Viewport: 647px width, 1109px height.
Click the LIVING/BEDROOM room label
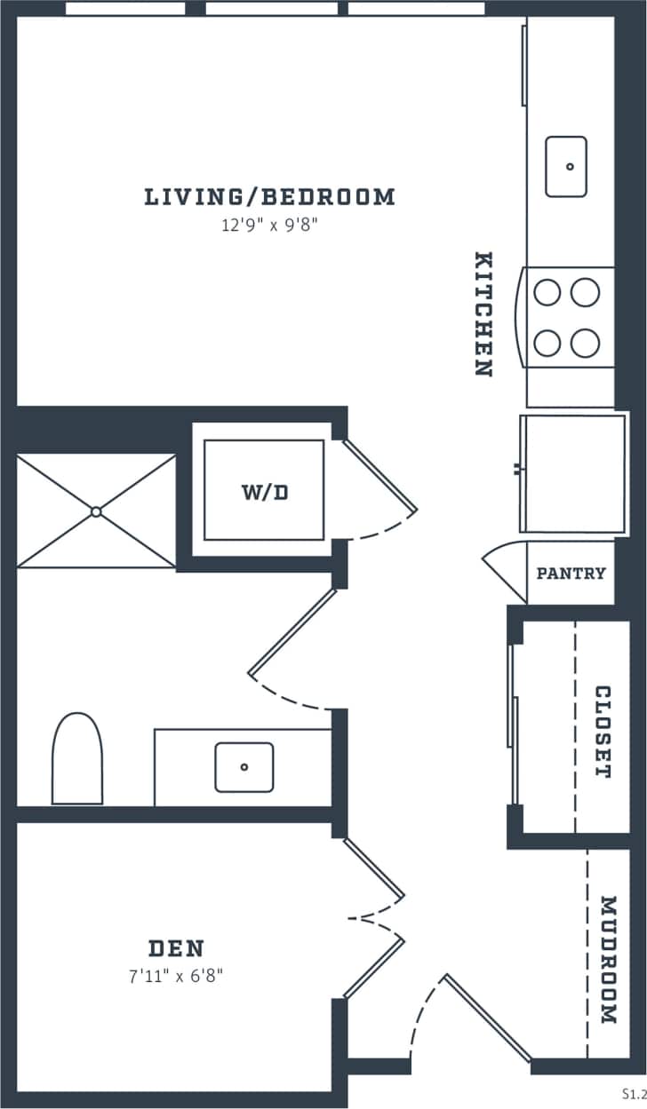269,196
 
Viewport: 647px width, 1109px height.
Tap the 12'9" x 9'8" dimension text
269,226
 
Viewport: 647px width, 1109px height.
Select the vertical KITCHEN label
483,314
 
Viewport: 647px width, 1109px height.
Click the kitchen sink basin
566,166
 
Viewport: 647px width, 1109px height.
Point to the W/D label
265,492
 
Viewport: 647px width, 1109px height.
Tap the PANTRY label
571,574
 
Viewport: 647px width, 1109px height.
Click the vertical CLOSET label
603,732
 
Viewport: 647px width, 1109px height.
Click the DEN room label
176,947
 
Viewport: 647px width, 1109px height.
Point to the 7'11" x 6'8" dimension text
175,977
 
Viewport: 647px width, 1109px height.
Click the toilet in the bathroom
77,760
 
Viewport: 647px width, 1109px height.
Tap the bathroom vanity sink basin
244,767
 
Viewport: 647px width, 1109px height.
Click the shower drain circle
96,511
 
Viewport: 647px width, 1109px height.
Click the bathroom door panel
292,631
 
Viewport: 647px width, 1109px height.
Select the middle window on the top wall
272,9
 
